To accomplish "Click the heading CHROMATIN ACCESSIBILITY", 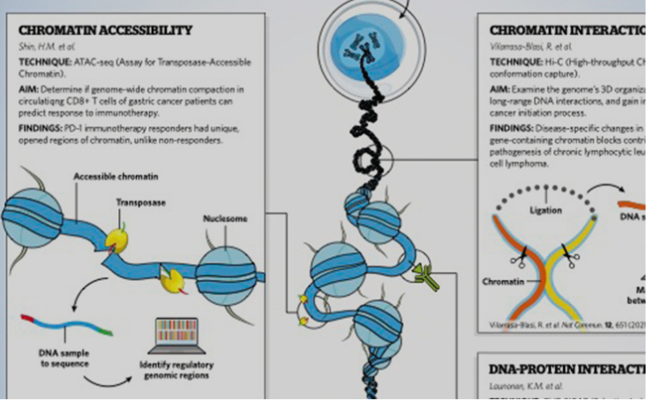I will [x=103, y=31].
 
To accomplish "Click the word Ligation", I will [x=545, y=210].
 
